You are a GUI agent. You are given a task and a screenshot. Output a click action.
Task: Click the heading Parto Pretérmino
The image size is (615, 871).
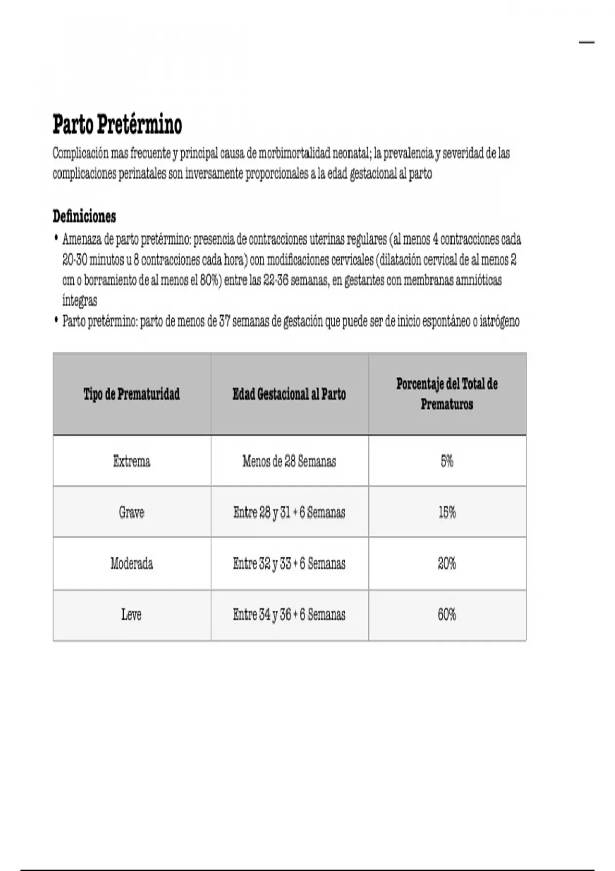point(117,125)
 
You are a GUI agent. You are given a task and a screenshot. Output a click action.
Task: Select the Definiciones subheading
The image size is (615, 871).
point(85,216)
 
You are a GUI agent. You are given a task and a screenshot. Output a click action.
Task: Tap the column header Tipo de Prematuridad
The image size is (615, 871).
point(132,394)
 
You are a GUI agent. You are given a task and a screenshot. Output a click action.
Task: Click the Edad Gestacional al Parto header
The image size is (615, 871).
point(289,394)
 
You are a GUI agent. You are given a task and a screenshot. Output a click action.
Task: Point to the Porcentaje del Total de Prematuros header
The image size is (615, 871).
point(447,394)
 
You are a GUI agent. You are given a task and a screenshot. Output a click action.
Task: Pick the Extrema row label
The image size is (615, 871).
point(132,461)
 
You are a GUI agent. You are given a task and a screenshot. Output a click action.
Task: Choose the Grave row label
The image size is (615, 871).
point(132,512)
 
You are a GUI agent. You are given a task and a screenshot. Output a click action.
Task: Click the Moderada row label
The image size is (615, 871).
point(132,564)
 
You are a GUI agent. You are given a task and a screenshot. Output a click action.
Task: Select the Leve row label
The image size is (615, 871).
point(132,614)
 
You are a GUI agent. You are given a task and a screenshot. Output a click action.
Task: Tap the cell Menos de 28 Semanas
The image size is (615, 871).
point(289,461)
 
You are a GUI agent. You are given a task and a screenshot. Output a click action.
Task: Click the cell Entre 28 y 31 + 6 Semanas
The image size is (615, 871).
point(289,512)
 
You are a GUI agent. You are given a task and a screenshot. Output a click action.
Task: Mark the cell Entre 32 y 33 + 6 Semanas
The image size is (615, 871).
point(289,564)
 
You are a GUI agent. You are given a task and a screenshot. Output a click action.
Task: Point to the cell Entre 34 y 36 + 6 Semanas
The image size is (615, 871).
point(289,614)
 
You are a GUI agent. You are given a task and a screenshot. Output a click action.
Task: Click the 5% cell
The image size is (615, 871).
point(447,461)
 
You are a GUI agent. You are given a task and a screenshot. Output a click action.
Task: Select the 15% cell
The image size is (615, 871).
point(447,512)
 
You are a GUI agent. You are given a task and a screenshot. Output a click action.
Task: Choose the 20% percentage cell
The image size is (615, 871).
point(447,564)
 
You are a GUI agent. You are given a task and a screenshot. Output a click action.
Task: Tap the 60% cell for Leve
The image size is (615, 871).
point(447,614)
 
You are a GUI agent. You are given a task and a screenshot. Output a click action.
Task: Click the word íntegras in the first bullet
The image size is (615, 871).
point(79,301)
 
